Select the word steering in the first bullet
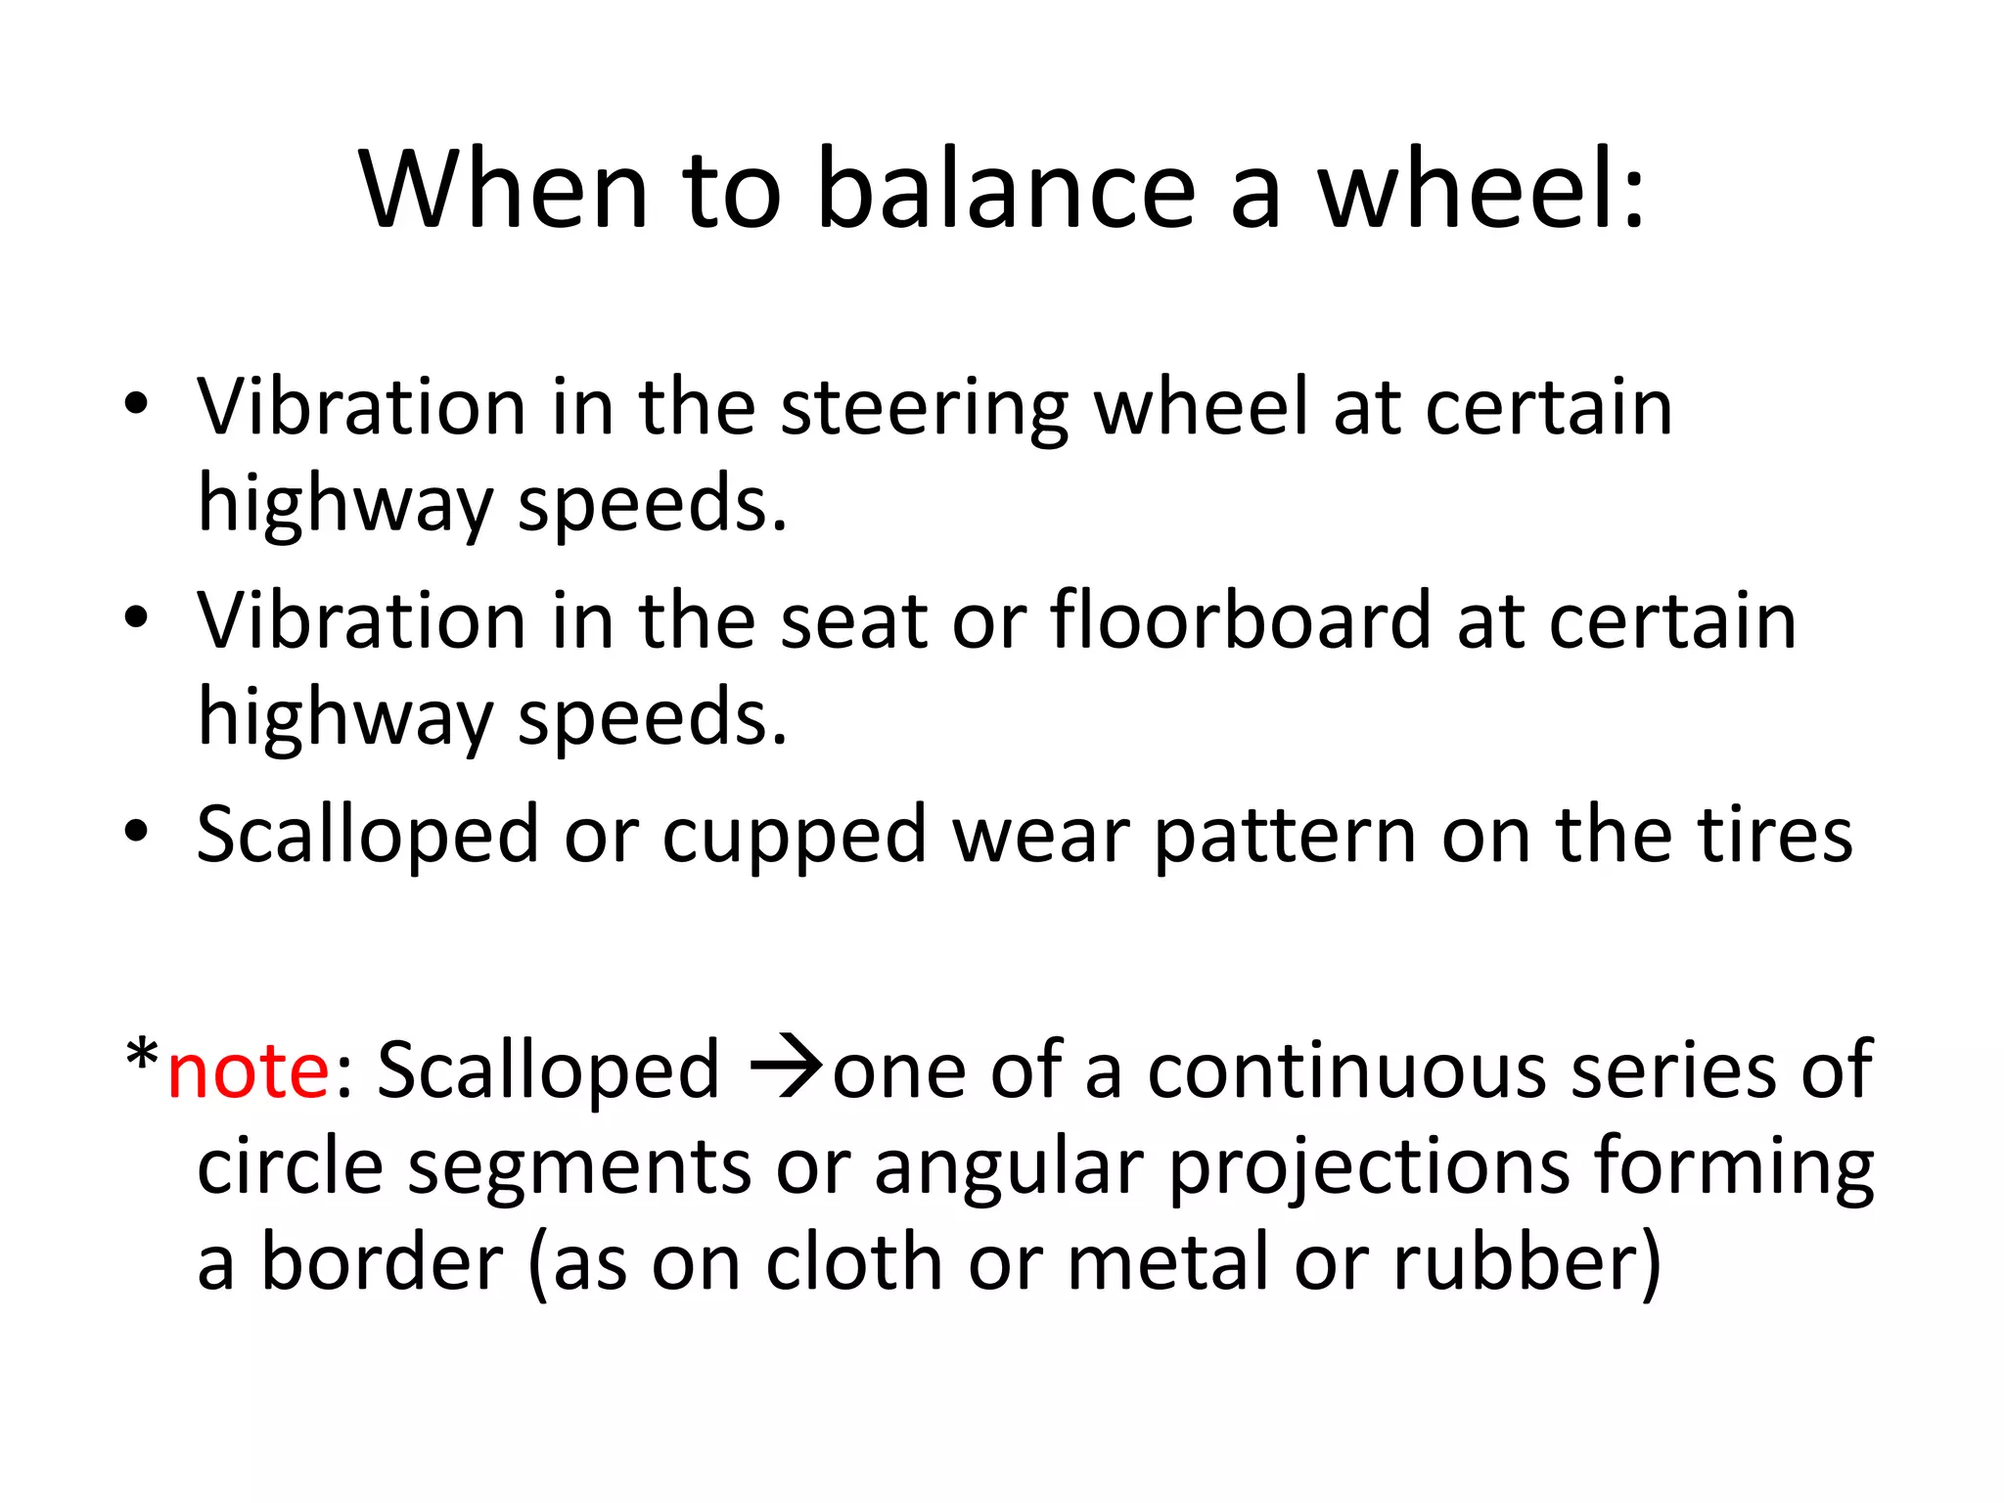click(924, 409)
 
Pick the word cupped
click(794, 836)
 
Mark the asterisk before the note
click(143, 1057)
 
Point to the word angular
click(1009, 1167)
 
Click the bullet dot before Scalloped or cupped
click(136, 832)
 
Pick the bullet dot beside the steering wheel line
click(136, 404)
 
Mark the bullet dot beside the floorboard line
click(136, 617)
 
